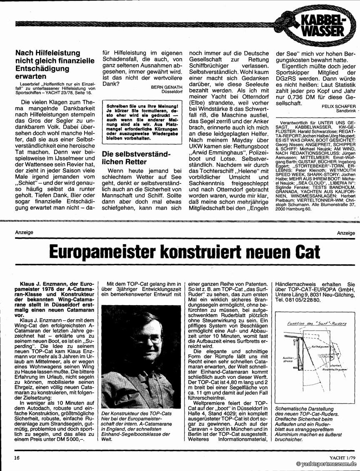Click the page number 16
tap(17, 457)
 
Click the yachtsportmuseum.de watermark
tap(326, 464)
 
